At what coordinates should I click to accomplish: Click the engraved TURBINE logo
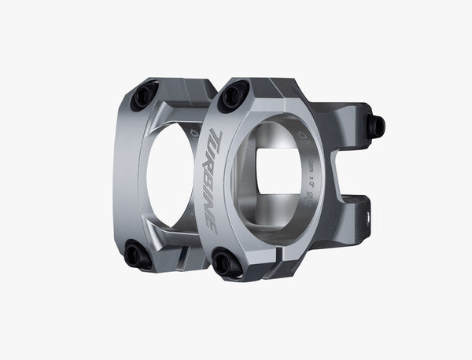pyautogui.click(x=212, y=179)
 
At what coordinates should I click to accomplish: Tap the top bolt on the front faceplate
pyautogui.click(x=234, y=97)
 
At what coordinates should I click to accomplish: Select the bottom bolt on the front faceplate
pyautogui.click(x=227, y=263)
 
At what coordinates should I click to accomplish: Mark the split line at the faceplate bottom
pyautogui.click(x=271, y=266)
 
